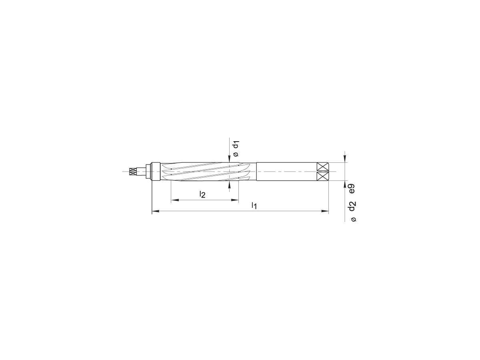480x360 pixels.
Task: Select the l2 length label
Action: point(202,195)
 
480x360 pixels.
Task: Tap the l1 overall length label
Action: point(254,206)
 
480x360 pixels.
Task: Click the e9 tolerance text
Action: point(352,188)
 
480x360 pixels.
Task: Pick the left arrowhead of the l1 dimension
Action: point(155,211)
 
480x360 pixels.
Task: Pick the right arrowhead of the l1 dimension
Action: point(325,211)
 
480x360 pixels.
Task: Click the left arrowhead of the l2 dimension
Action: point(174,200)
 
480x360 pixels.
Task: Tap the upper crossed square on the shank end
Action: point(322,167)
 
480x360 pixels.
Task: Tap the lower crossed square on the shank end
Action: point(322,176)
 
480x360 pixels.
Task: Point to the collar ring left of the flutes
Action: point(155,172)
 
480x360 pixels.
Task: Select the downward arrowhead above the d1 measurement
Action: point(229,160)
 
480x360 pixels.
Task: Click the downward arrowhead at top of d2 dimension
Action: point(345,159)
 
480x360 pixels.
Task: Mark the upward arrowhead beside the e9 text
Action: point(345,184)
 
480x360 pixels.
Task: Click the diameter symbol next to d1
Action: point(236,154)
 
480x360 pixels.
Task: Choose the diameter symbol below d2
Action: point(353,219)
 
